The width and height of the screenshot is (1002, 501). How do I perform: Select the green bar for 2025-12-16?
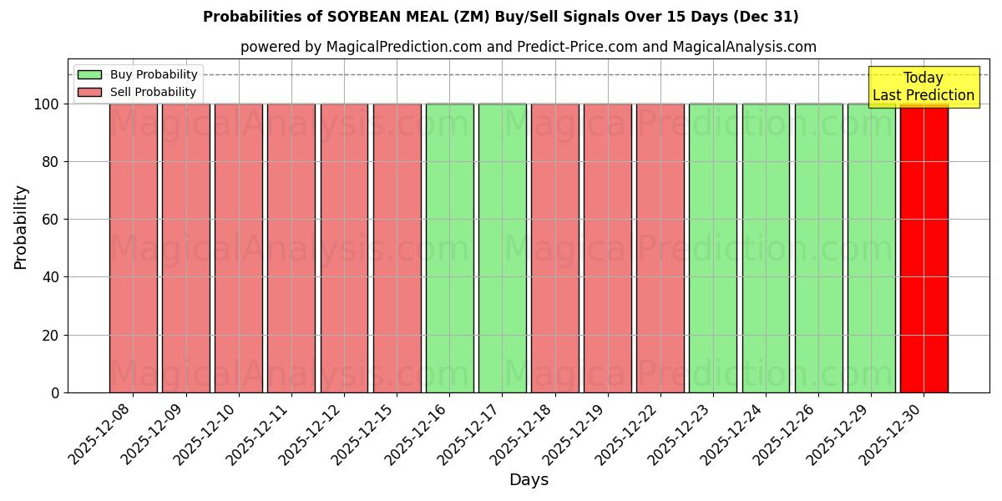click(449, 248)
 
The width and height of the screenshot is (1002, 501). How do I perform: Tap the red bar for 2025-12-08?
click(133, 248)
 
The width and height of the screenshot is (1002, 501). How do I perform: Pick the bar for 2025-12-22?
click(660, 248)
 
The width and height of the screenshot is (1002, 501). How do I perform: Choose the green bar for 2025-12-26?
click(818, 248)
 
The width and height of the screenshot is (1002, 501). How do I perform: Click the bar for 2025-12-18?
click(554, 248)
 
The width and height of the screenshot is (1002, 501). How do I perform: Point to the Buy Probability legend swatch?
click(89, 75)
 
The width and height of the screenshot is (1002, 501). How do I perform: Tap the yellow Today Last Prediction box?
click(924, 87)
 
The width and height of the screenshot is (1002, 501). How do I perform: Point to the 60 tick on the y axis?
click(49, 220)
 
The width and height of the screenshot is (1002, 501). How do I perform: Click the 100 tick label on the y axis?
click(46, 104)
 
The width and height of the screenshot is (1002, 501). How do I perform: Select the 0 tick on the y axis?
click(55, 392)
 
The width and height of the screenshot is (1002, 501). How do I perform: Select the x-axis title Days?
click(529, 480)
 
